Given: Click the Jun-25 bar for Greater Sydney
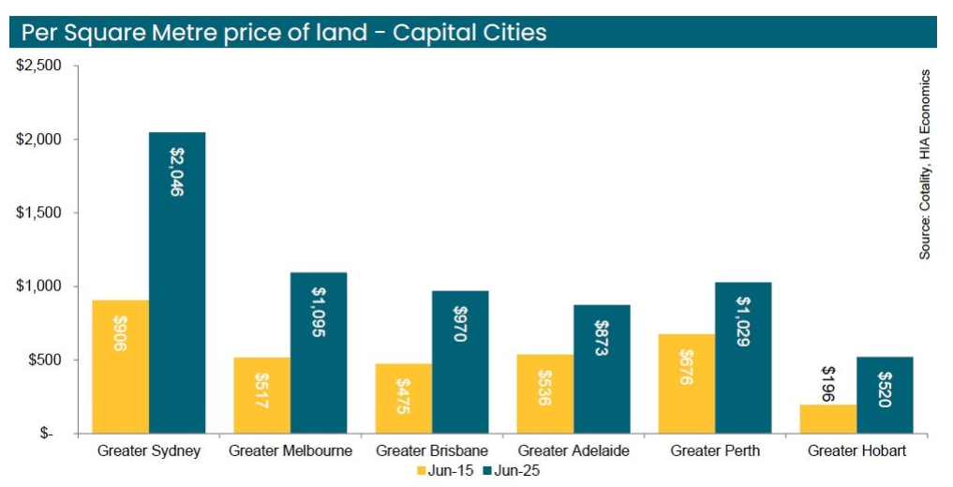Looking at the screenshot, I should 177,281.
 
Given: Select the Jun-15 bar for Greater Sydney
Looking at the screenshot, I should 120,366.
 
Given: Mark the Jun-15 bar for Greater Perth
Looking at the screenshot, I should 687,383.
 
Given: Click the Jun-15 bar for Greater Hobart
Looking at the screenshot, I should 828,419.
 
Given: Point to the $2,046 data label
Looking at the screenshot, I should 177,171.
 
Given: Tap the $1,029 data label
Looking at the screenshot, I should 743,322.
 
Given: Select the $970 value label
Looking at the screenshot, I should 460,323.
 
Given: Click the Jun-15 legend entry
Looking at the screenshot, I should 446,470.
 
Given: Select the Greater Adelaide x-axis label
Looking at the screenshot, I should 573,451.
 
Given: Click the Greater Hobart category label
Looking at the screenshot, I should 856,451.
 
